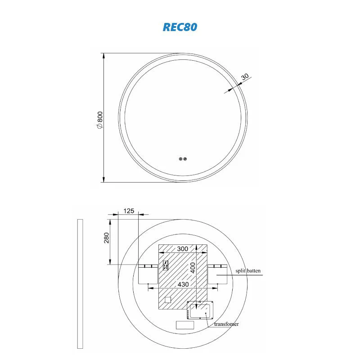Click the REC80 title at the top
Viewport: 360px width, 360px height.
180,27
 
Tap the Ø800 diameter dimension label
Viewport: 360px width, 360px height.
100,121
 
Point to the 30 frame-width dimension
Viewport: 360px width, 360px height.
245,76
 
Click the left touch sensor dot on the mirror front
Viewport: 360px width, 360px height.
180,158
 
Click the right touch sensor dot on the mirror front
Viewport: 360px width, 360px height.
185,158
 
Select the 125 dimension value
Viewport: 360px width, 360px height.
129,211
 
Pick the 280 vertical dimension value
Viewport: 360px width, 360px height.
107,237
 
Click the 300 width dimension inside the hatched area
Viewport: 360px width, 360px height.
182,249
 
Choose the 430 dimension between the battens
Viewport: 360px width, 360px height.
182,284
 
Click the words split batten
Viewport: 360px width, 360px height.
248,271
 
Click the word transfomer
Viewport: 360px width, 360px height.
226,324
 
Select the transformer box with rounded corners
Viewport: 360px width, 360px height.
200,310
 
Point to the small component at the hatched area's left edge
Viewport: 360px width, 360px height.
164,265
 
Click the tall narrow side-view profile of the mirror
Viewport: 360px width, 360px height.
80,283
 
